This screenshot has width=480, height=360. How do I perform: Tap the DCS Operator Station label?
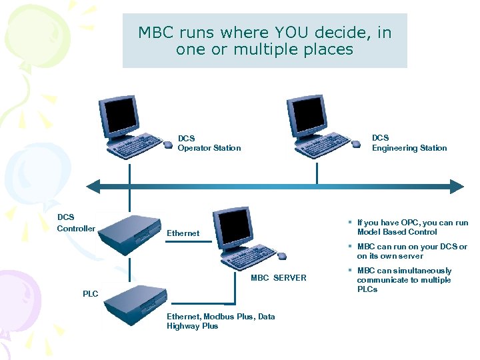(209, 143)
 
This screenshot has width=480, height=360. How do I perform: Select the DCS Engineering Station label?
(409, 143)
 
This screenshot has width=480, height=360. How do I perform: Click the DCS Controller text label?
(75, 223)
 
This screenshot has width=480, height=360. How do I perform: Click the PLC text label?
(90, 294)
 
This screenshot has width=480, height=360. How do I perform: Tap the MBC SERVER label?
(278, 278)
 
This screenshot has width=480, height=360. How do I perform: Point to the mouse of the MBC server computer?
(281, 256)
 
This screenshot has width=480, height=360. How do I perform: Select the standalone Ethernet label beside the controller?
(183, 233)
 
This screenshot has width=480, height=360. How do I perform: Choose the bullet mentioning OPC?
(412, 227)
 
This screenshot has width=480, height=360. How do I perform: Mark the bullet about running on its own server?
(411, 251)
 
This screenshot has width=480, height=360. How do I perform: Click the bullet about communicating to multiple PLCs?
(404, 280)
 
